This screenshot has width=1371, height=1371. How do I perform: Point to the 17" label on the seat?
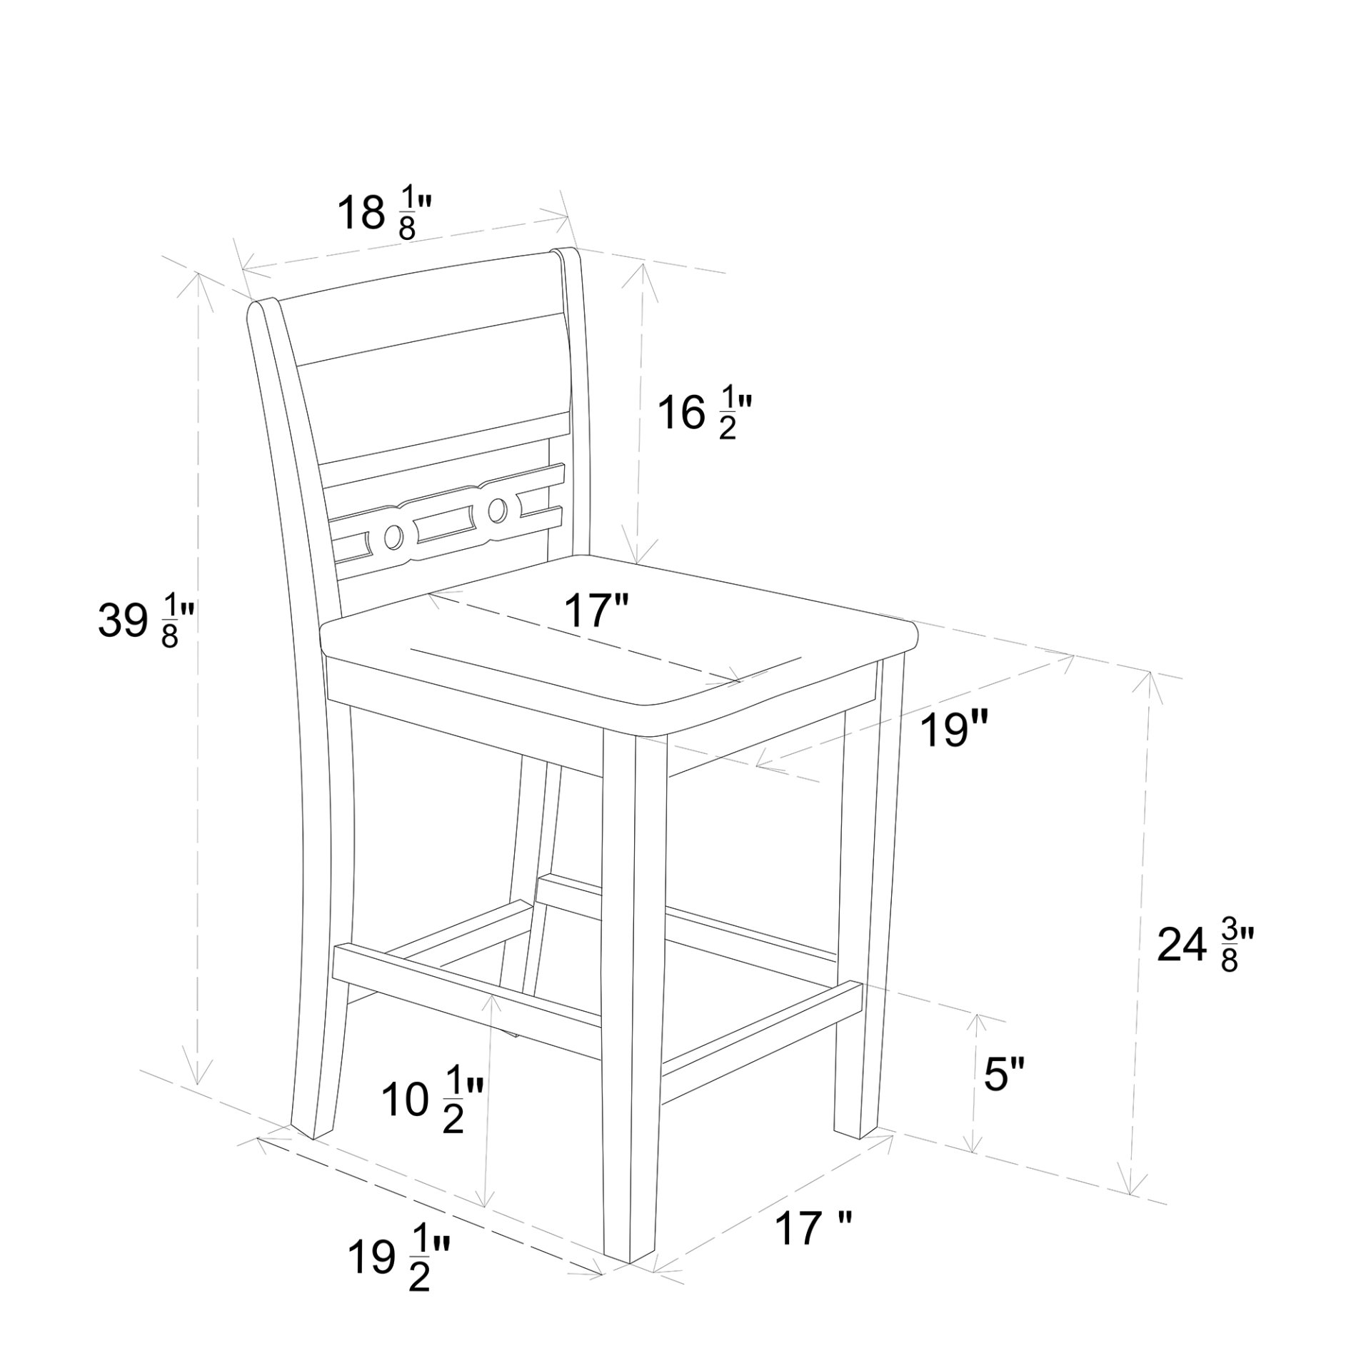(x=596, y=611)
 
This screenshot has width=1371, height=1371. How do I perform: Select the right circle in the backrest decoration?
(x=498, y=509)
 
